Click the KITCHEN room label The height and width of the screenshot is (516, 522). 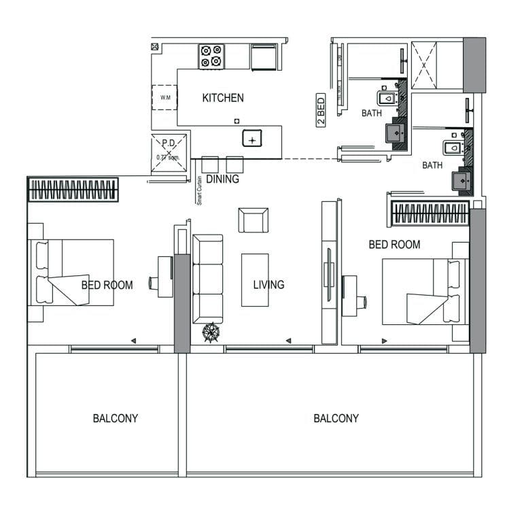tap(223, 98)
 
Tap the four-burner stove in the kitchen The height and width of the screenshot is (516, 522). tap(211, 56)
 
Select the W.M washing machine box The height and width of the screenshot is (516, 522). tap(165, 98)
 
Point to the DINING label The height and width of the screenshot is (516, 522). tap(222, 180)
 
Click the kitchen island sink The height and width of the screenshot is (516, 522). tap(253, 139)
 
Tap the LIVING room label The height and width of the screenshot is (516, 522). tap(268, 284)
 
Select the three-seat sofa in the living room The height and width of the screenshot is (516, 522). tap(207, 279)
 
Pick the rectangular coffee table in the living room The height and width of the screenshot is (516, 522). tap(255, 279)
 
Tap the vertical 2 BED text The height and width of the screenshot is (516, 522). tap(321, 109)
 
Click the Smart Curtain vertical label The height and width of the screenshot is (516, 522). tap(199, 190)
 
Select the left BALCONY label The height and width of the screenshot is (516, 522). tap(115, 418)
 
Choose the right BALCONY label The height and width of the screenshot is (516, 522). tap(336, 418)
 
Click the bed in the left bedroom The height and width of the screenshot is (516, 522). tap(71, 273)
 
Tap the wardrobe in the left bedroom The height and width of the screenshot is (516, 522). tap(73, 190)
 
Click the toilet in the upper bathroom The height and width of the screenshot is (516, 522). tap(388, 99)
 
